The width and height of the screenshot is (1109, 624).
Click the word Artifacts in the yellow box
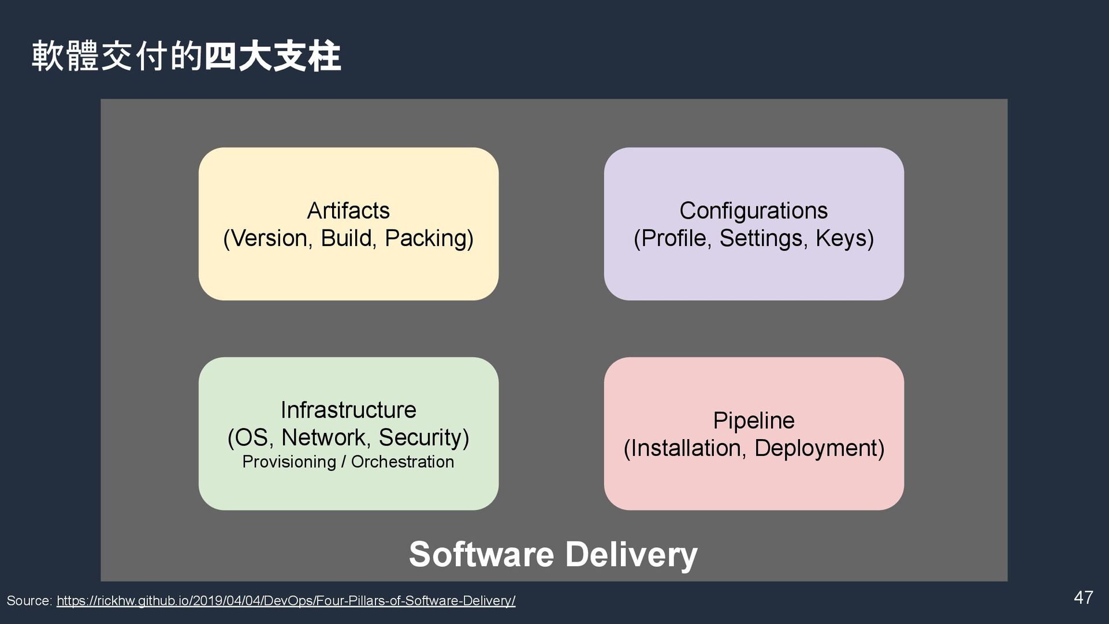pyautogui.click(x=348, y=211)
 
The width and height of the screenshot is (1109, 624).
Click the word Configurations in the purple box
pyautogui.click(x=753, y=211)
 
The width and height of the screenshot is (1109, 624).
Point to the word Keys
pyautogui.click(x=844, y=239)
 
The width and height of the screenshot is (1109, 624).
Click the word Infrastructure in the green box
pyautogui.click(x=348, y=410)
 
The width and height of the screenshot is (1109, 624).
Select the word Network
pyautogui.click(x=323, y=437)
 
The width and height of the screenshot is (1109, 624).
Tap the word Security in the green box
pyautogui.click(x=423, y=437)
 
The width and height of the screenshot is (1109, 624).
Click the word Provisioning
pyautogui.click(x=289, y=462)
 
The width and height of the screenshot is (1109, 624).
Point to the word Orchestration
pyautogui.click(x=402, y=462)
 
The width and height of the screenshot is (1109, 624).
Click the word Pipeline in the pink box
pyautogui.click(x=753, y=421)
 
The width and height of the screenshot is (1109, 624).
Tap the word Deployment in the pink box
pyautogui.click(x=819, y=448)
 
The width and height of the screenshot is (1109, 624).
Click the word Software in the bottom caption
pyautogui.click(x=481, y=555)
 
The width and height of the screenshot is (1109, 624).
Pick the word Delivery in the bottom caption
pyautogui.click(x=631, y=555)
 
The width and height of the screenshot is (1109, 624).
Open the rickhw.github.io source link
pyautogui.click(x=286, y=601)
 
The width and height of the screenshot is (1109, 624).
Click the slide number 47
pyautogui.click(x=1083, y=597)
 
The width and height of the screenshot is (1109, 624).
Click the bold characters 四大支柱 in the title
pyautogui.click(x=273, y=57)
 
